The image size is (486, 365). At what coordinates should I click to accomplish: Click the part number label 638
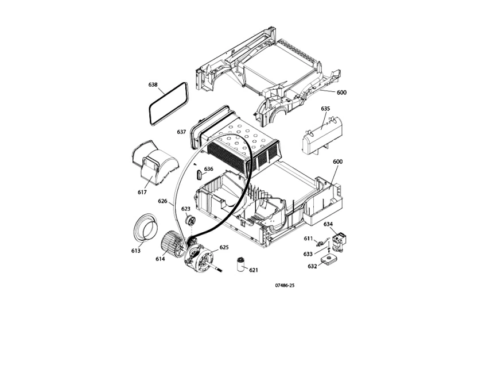point(153,84)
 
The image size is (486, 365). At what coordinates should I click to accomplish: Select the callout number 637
point(181,132)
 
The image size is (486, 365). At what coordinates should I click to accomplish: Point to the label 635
point(325,108)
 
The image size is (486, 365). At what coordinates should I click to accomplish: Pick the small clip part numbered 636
point(199,174)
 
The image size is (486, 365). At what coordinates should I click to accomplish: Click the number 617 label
point(142,192)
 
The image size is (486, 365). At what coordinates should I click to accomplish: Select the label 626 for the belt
point(162,201)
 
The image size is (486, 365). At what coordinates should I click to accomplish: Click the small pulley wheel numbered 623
point(190,221)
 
